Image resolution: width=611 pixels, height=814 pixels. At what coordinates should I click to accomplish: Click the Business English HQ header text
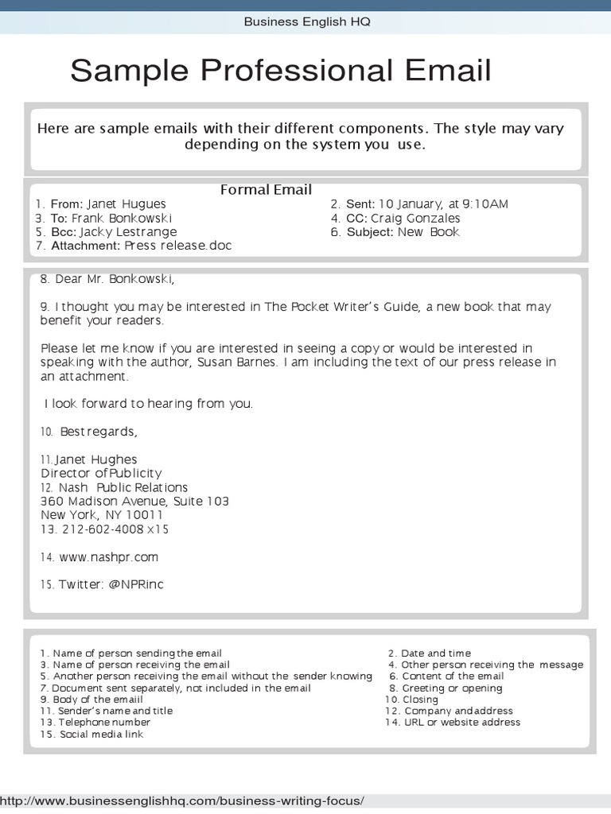pyautogui.click(x=306, y=21)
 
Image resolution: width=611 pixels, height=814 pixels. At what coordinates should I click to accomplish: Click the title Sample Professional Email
pyautogui.click(x=280, y=71)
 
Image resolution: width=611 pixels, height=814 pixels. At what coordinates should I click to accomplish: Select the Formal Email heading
pyautogui.click(x=266, y=190)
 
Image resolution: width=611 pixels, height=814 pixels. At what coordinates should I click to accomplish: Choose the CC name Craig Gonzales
pyautogui.click(x=415, y=218)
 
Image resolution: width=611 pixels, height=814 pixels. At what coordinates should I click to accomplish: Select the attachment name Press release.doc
pyautogui.click(x=177, y=246)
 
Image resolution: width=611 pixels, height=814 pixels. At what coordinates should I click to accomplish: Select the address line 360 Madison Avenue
pyautogui.click(x=102, y=502)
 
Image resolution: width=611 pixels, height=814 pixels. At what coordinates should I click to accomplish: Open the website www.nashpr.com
pyautogui.click(x=108, y=557)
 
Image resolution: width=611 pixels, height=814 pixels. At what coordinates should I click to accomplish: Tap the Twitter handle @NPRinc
pyautogui.click(x=136, y=584)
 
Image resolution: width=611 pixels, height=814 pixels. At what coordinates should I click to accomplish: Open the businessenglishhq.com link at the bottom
pyautogui.click(x=183, y=800)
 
